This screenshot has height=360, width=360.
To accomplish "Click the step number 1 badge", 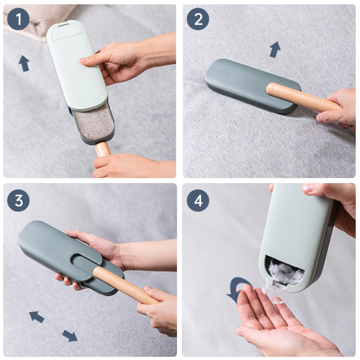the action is tap(18, 19).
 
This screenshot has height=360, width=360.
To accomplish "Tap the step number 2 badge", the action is tap(198, 19).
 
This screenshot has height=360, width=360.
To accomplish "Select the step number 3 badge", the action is tap(18, 201).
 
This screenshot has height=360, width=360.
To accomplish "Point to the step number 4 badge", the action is tap(198, 201).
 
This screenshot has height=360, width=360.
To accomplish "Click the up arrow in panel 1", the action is tap(24, 63).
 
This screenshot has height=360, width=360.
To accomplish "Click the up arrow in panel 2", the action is tap(275, 49).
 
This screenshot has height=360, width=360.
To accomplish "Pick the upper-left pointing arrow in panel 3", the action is tap(37, 317).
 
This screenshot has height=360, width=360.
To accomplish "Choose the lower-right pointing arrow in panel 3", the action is tap(70, 335).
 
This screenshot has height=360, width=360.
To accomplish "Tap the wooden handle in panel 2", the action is tap(303, 98).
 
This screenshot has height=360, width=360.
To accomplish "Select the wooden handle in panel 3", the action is tap(126, 285).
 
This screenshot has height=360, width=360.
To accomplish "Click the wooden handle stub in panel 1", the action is tap(103, 149).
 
